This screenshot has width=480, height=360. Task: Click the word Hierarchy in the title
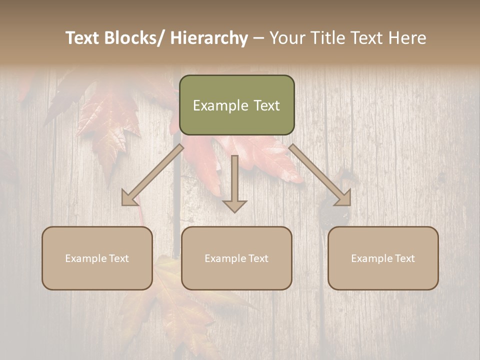click(209, 38)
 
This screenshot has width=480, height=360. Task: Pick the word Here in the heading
click(405, 38)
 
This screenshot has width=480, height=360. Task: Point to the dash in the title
click(258, 38)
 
